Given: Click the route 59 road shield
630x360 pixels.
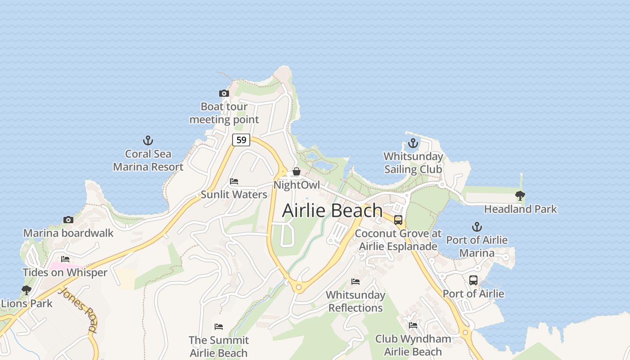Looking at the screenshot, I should coord(241,140).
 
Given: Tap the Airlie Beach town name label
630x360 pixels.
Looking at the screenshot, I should coord(332,211).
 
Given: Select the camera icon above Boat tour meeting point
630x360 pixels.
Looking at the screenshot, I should coord(224,94).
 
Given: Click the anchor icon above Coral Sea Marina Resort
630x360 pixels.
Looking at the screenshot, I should coord(148,140).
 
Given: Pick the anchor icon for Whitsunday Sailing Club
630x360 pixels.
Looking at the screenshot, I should coord(413,144).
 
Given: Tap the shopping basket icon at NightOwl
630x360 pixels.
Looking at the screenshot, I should coord(297,171).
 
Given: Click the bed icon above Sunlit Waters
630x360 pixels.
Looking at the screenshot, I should coord(234,181).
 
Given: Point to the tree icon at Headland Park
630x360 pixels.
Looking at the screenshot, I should coord(520,196).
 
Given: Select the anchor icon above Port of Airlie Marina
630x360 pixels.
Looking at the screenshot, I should coord(477,227).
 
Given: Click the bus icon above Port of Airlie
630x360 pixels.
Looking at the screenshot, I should coord(473,280).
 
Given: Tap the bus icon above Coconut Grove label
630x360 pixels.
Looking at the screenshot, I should coord(398,220).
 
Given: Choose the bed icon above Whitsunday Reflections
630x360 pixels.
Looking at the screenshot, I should coord(355,282).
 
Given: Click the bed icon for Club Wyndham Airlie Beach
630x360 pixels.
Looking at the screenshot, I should coord(413,325).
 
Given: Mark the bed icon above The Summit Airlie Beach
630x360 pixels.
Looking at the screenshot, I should coord(219,327).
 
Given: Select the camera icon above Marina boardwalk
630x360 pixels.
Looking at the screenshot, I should coord(68,220).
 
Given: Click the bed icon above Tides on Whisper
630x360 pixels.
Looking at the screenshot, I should coord(65,259).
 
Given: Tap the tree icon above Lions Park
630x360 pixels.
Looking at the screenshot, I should coord(27,290).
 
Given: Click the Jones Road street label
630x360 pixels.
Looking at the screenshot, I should coord(77,310).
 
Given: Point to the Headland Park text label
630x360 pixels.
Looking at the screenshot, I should coord(520,209).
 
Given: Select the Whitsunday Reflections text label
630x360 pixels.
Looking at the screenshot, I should coord(355,301).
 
